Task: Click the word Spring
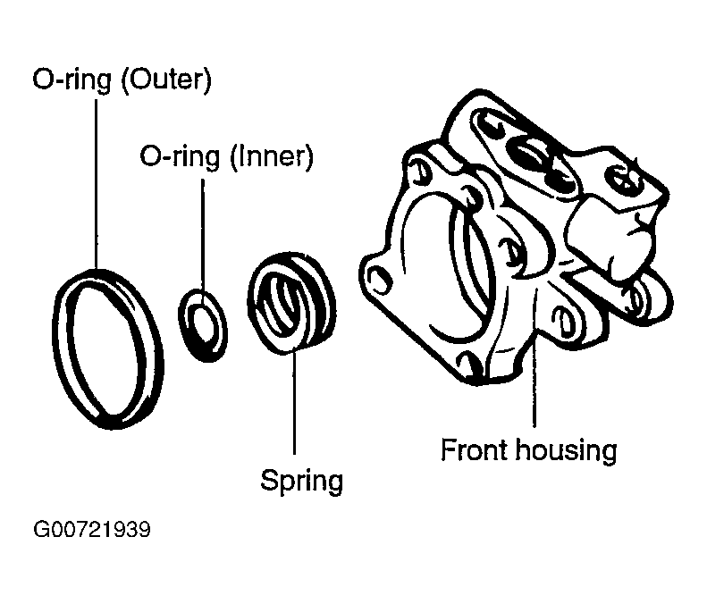pos(301,481)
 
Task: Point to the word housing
pos(567,450)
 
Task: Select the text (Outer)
pos(166,80)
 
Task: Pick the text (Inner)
pos(272,157)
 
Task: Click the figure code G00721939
pos(92,530)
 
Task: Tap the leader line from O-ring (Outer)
pos(96,184)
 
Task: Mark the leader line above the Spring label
pos(294,401)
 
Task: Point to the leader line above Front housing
pos(534,358)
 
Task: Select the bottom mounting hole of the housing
pos(468,364)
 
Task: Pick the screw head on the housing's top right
pos(627,179)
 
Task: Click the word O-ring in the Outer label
pos(72,80)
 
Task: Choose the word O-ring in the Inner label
pos(180,157)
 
